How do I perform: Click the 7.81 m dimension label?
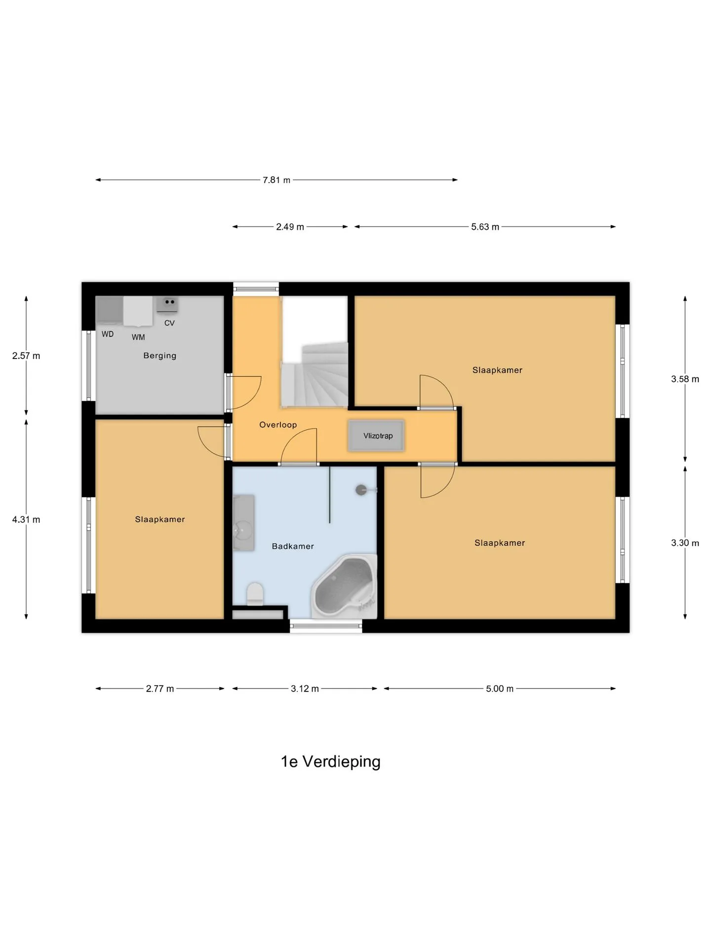point(276,180)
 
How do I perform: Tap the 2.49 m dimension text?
point(290,227)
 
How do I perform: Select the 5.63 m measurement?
point(485,227)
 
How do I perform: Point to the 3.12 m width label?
point(305,689)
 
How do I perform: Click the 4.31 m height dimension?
point(26,519)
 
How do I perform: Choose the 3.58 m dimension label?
point(685,379)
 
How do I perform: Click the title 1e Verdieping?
point(331,762)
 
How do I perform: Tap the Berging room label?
point(159,356)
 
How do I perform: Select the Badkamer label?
point(293,546)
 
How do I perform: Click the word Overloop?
point(278,425)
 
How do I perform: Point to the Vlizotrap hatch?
point(377,436)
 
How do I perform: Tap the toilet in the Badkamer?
point(255,594)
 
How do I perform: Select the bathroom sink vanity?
point(243,523)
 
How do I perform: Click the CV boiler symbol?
point(167,304)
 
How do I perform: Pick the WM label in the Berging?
point(138,337)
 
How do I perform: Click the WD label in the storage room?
point(108,334)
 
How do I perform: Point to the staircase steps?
point(315,374)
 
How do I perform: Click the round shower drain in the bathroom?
point(361,490)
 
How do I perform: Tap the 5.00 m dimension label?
point(500,689)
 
